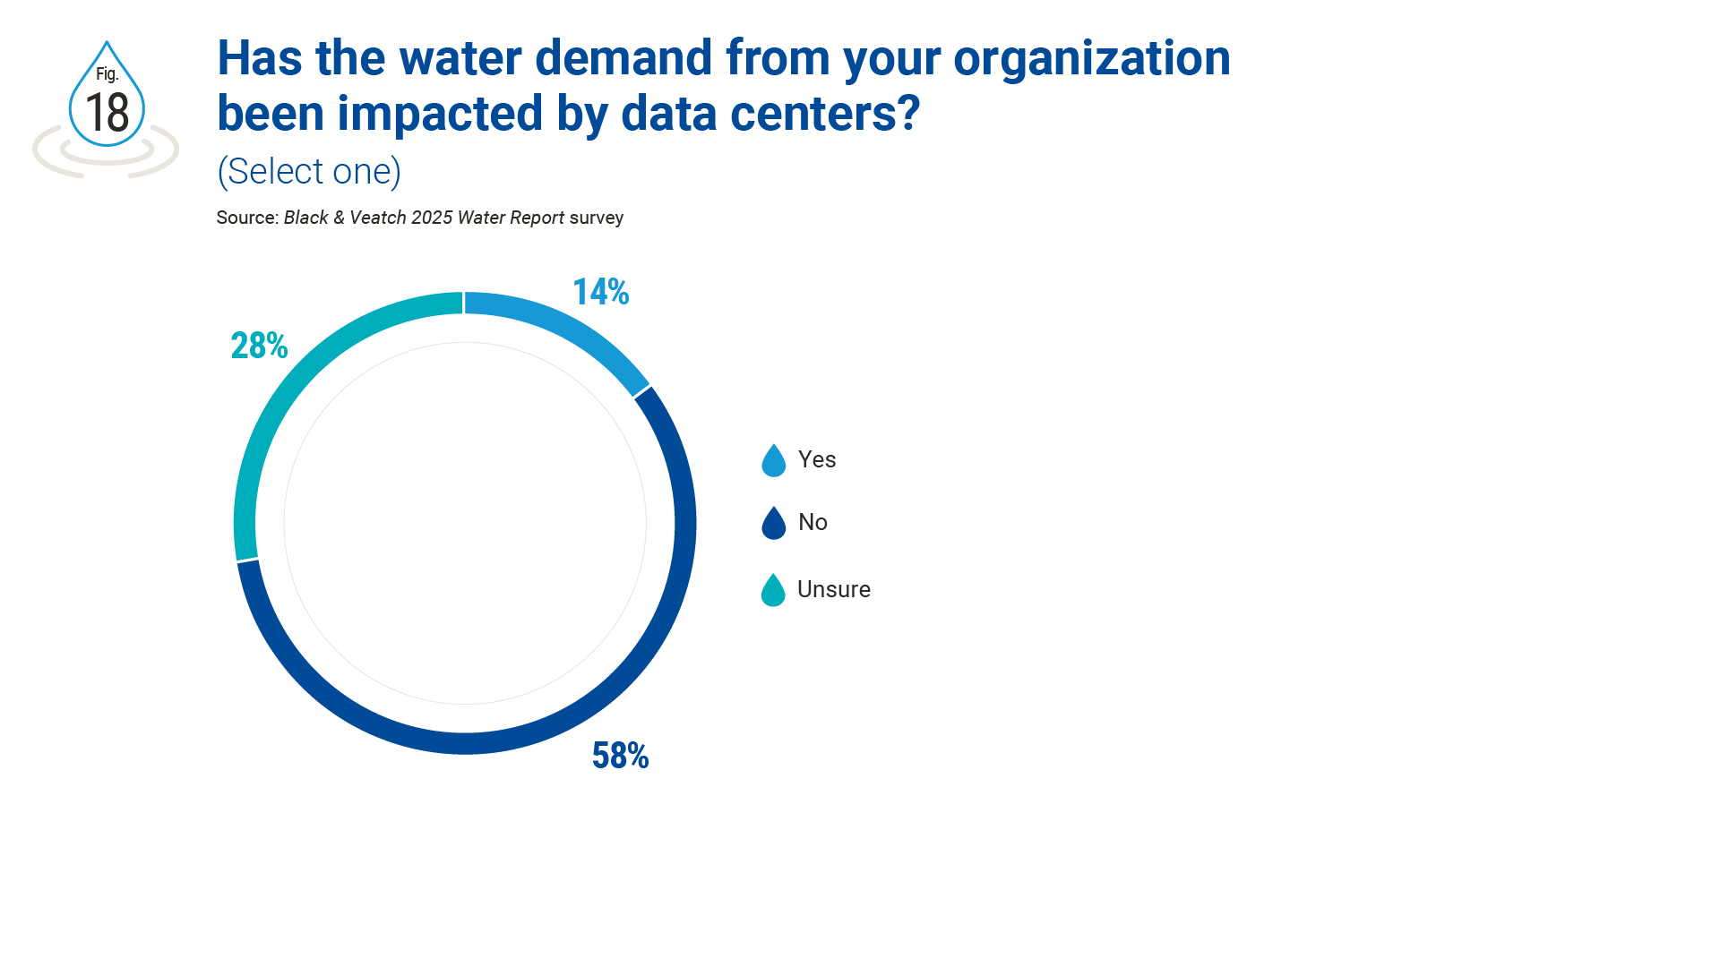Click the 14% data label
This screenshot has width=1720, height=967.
pos(600,292)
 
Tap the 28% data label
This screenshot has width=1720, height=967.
pos(259,346)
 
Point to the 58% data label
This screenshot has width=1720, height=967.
pos(620,756)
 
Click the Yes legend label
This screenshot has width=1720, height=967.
pos(816,459)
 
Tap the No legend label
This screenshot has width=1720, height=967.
pos(813,522)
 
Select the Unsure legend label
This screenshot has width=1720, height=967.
pos(833,589)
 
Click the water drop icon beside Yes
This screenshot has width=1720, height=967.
pos(773,462)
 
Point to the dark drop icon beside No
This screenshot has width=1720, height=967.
pos(773,525)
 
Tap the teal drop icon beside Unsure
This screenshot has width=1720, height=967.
pos(773,592)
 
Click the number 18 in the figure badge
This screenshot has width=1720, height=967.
pos(107,113)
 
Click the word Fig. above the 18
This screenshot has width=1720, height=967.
pos(107,74)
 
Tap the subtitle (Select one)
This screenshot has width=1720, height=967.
pos(309,171)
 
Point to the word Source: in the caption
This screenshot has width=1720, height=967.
pos(247,218)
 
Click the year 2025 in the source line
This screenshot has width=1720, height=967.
pos(431,218)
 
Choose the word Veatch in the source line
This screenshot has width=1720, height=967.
pos(377,218)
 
